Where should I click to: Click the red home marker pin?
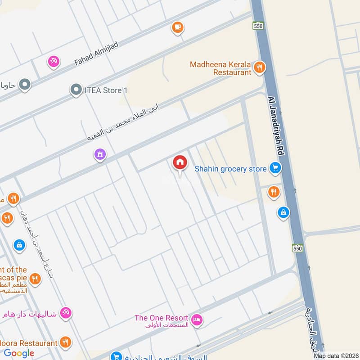[x=180, y=163]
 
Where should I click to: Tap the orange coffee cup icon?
[x=178, y=28]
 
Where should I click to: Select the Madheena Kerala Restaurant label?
[x=220, y=68]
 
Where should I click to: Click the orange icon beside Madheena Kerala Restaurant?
[x=259, y=68]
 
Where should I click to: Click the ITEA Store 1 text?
[x=106, y=90]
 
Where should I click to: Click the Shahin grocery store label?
[x=230, y=169]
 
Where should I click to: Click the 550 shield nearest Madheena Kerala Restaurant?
[x=258, y=27]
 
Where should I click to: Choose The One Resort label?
[x=161, y=318]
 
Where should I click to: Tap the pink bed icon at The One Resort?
[x=197, y=321]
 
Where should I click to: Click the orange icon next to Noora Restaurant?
[x=66, y=343]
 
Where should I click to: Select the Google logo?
[x=19, y=353]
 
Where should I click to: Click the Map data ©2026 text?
[x=336, y=355]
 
